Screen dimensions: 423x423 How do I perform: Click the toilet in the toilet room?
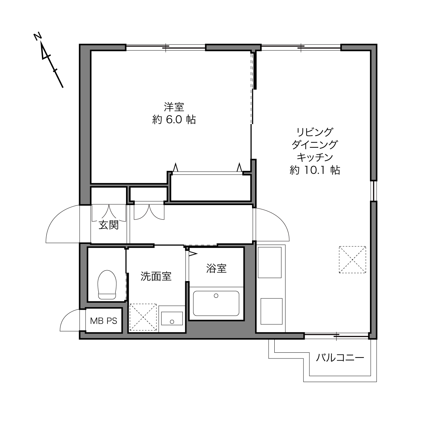107,285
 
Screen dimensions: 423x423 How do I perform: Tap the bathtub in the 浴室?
216,303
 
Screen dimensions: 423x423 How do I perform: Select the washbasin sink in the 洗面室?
172,319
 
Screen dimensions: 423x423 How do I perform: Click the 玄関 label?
108,225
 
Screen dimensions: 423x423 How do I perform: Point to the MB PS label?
104,321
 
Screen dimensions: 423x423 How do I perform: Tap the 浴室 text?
216,268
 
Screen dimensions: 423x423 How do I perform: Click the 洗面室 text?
156,276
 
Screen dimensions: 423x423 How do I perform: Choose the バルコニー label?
340,358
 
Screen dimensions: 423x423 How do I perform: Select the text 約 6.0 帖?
174,120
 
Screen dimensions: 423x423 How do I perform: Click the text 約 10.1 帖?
315,170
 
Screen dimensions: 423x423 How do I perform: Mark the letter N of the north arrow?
38,36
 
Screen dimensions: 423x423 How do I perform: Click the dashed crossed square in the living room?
352,260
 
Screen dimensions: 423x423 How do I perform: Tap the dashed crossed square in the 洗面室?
143,317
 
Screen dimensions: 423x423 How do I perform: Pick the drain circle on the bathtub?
216,296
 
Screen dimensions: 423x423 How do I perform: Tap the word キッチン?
315,157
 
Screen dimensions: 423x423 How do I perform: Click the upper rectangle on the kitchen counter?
270,262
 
